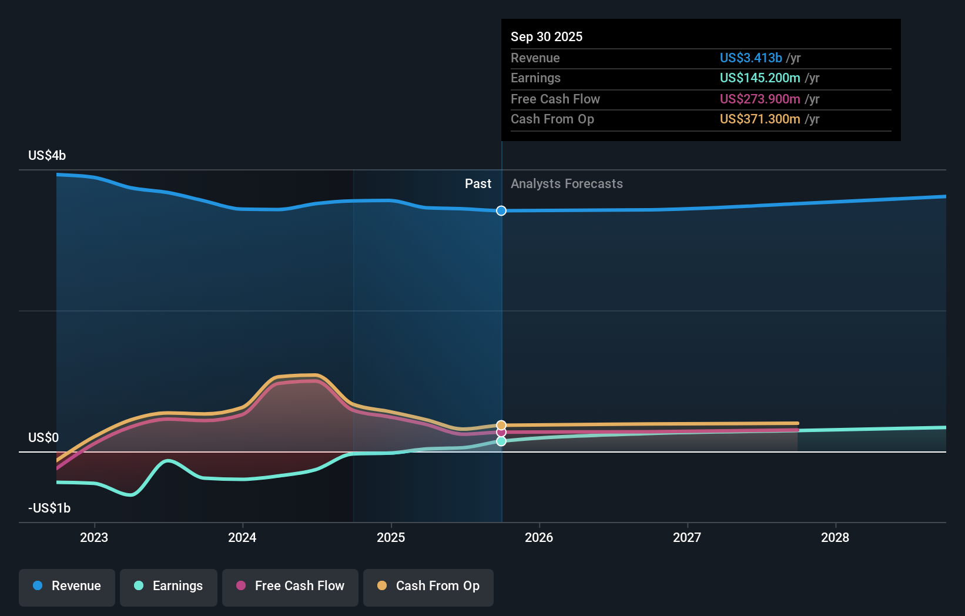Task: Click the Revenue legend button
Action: pos(67,586)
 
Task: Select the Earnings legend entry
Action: pos(169,586)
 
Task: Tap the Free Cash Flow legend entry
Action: pos(290,586)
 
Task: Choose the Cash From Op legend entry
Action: pos(428,586)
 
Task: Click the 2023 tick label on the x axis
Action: pos(94,538)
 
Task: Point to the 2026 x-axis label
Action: pos(539,538)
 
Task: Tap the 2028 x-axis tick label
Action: pos(835,538)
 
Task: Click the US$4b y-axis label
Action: pos(47,156)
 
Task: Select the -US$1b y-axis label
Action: pos(49,508)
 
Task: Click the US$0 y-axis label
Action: pos(43,438)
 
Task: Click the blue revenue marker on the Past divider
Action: pos(501,211)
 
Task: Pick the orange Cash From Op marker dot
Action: pos(501,425)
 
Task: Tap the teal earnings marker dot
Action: pos(501,441)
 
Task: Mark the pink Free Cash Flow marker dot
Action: pos(501,433)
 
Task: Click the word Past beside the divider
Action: pos(478,184)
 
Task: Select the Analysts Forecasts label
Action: pos(567,184)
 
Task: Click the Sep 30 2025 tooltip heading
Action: pos(547,37)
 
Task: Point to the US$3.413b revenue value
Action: pos(750,58)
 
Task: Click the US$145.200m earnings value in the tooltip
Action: pos(760,78)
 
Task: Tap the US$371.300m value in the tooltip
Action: pos(760,119)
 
